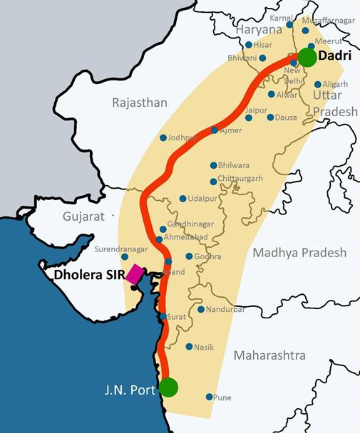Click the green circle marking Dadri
click(307, 57)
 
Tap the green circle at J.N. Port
click(168, 387)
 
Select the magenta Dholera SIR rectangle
click(135, 275)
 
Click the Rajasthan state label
click(139, 103)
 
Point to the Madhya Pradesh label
click(298, 253)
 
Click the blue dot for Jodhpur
click(163, 137)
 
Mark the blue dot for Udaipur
click(183, 199)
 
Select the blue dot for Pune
click(209, 397)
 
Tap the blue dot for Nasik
click(189, 347)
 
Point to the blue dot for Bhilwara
click(213, 163)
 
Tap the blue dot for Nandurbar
click(201, 309)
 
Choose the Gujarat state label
click(83, 215)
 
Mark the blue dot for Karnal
click(289, 24)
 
